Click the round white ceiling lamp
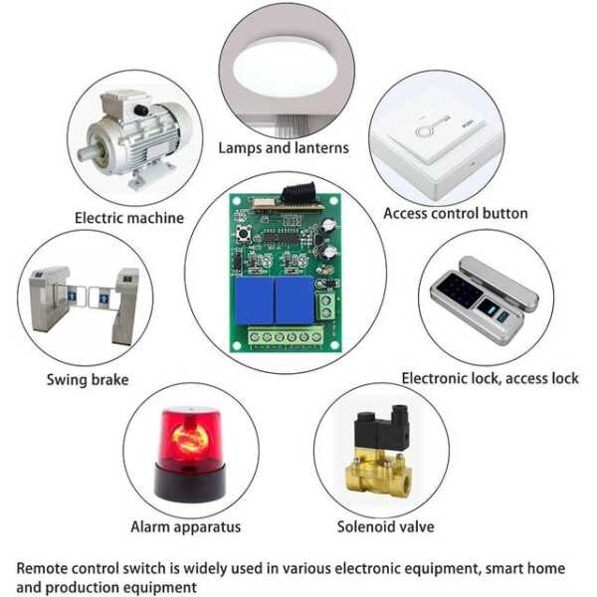(x=283, y=64)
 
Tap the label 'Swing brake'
(x=88, y=379)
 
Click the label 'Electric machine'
(x=129, y=217)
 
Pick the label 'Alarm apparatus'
(x=186, y=525)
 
